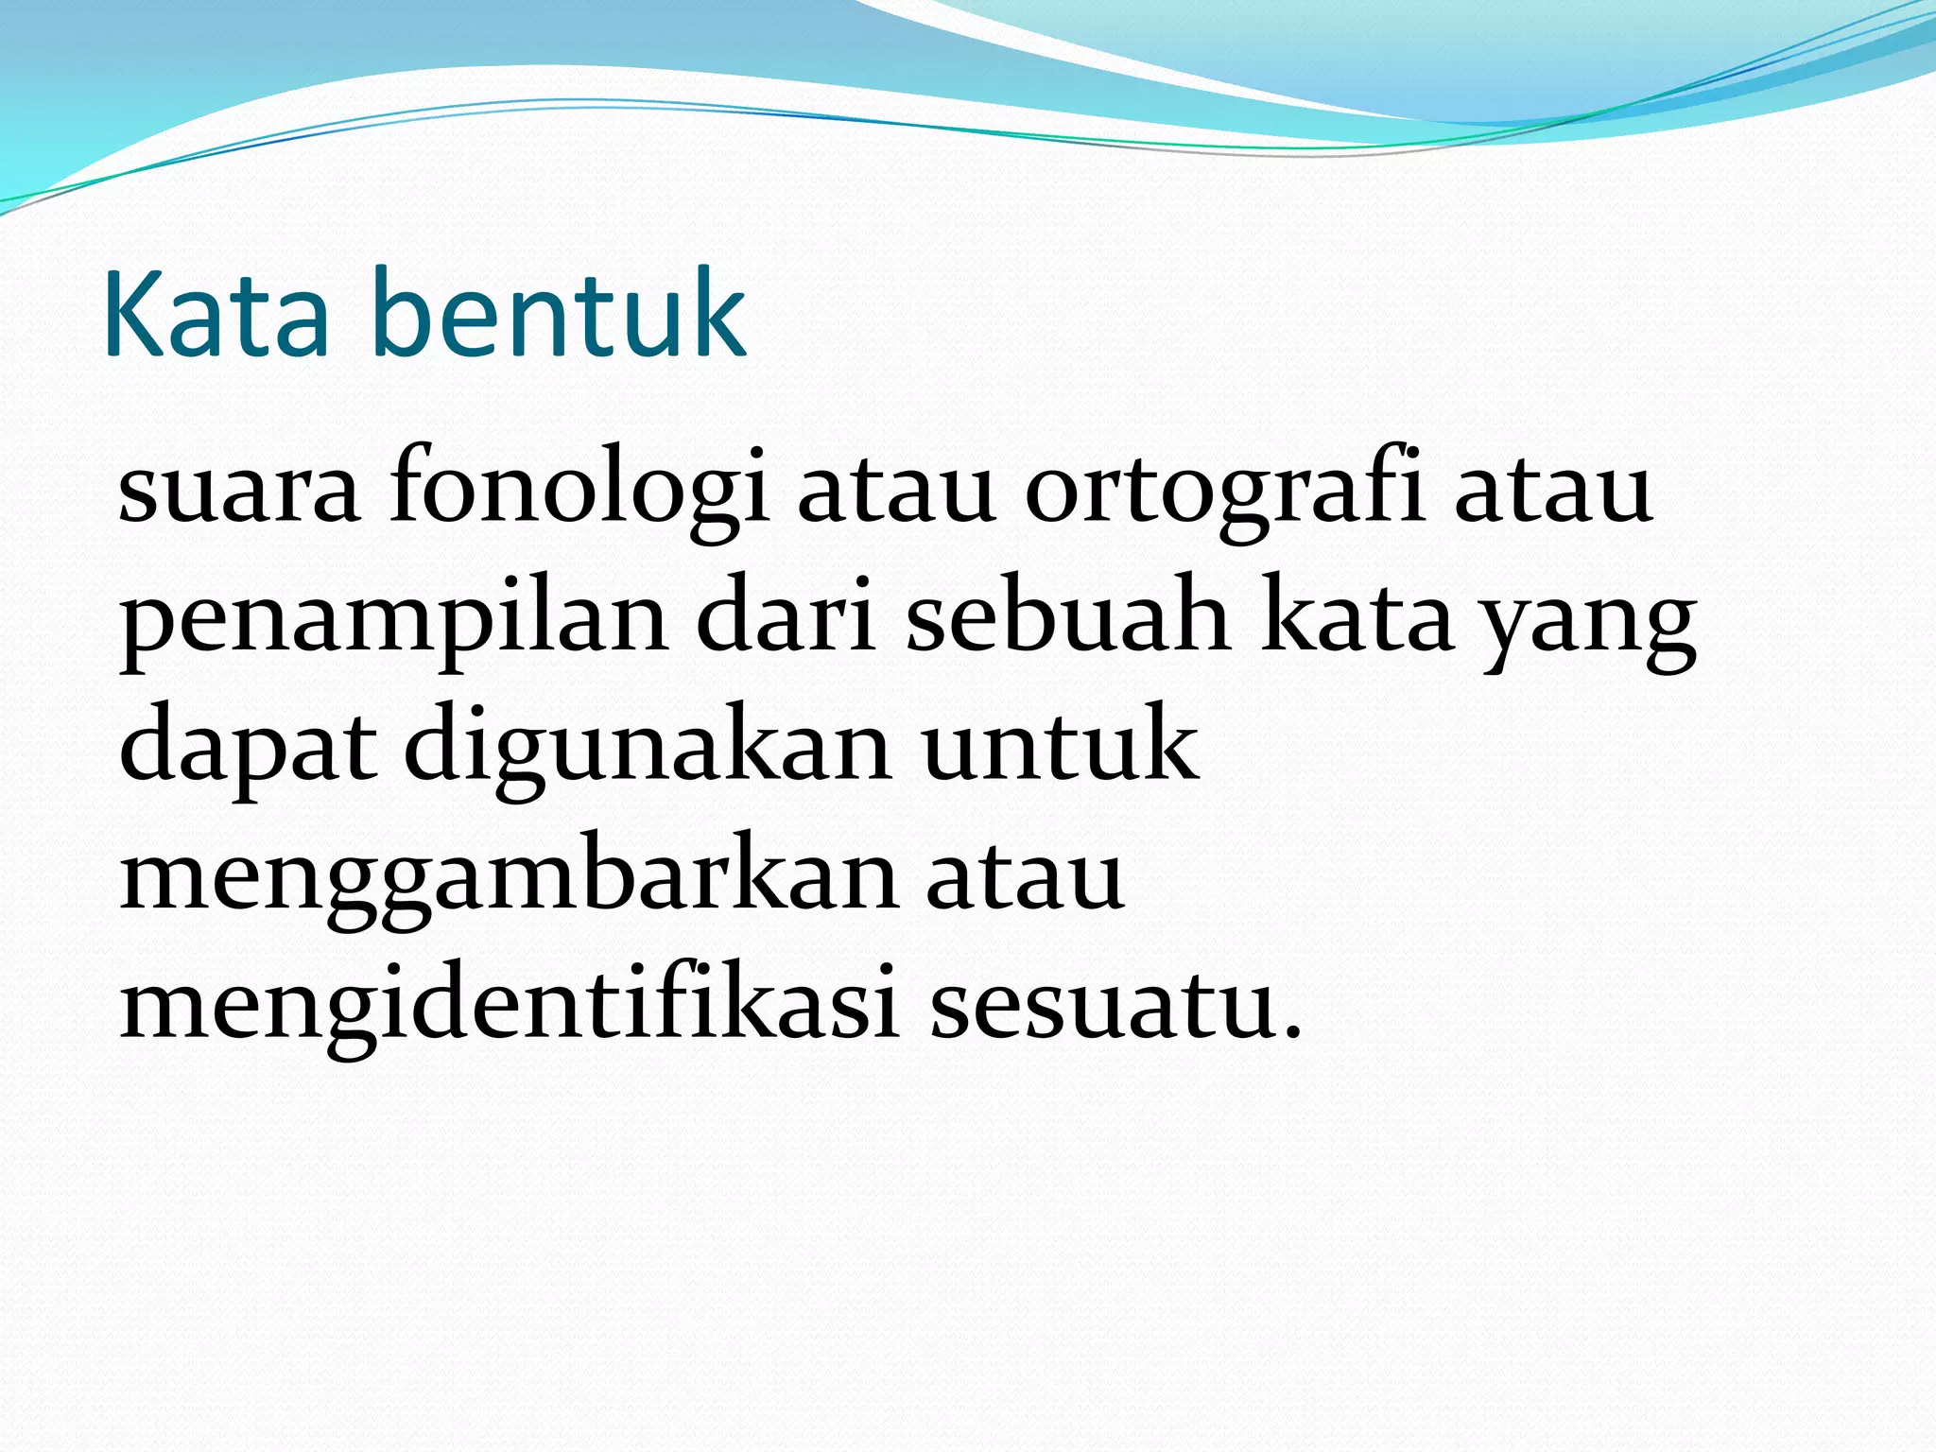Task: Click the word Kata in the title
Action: click(216, 314)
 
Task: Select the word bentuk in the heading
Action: click(560, 314)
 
